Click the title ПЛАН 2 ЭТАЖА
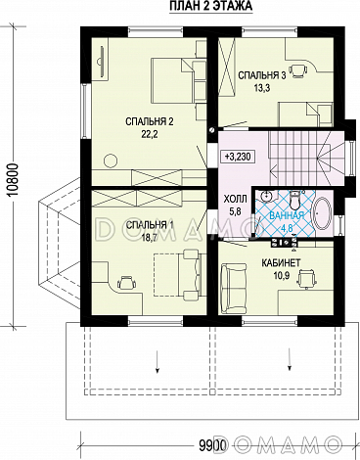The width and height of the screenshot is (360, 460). point(211,6)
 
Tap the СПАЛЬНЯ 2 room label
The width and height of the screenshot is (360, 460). point(150,122)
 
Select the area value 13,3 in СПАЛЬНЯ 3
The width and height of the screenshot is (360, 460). point(262,87)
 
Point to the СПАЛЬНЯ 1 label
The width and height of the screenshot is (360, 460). point(150,225)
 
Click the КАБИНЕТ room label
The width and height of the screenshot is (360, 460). point(281,263)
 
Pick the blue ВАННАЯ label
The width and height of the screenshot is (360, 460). point(287,215)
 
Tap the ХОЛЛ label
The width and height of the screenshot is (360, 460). point(235,199)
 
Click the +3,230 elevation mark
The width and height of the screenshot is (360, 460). point(238,157)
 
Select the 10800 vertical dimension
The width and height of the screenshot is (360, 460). point(15,179)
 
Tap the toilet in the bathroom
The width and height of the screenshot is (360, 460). point(295,201)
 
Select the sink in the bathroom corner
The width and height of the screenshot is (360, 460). point(267,196)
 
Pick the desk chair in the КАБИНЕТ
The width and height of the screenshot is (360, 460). point(306,279)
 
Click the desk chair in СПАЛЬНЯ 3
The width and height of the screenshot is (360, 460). point(298,70)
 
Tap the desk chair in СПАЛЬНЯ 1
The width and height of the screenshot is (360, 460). point(126,283)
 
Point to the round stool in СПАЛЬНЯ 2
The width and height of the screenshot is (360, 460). point(111,160)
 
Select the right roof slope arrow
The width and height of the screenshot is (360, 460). point(290,359)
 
